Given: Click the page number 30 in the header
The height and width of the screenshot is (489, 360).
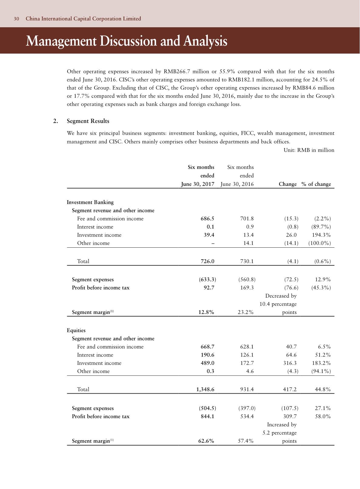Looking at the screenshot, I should pos(16,19).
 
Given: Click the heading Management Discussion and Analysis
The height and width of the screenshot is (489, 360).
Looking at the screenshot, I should pos(126,41).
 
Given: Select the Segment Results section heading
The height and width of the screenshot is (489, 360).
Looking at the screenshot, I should pos(88,121).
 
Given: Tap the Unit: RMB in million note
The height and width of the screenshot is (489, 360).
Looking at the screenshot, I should pos(309,150).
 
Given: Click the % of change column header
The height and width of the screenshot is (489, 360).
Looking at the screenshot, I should pos(316,184).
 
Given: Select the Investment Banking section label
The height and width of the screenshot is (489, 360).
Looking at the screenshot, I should pos(90,202).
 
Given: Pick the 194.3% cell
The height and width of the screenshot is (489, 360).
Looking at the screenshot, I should pos(321,235).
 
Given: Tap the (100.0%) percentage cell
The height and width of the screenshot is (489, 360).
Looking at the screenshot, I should pos(319,243).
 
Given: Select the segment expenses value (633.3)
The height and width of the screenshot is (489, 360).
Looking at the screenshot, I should pos(207,279).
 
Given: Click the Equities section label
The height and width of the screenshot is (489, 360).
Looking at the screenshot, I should pos(76,330).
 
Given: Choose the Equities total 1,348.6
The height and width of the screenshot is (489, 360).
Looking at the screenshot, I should pos(205,389).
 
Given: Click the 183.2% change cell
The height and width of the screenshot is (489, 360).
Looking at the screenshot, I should pos(321,363).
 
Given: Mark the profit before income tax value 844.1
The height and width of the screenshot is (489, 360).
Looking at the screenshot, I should pos(208,416).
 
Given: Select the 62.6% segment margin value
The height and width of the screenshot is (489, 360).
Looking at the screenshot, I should pos(206,441).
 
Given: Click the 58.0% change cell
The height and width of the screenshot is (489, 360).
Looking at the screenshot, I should pos(323,416).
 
